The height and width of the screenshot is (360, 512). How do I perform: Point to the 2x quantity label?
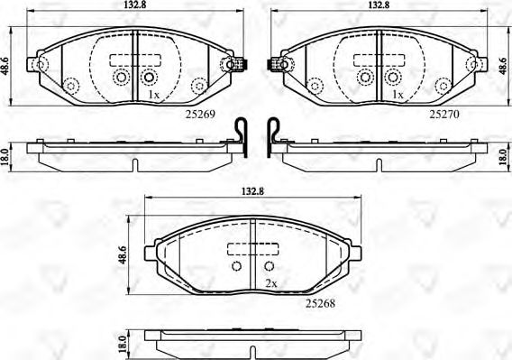(x=270, y=283)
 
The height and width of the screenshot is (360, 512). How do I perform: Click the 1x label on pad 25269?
(x=154, y=94)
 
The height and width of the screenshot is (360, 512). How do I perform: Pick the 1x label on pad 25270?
(x=396, y=94)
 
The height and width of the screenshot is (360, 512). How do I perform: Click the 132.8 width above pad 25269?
(x=133, y=7)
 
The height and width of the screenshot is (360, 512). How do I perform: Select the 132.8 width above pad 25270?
(x=379, y=7)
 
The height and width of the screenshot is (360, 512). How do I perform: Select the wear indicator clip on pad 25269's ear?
(x=239, y=65)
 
